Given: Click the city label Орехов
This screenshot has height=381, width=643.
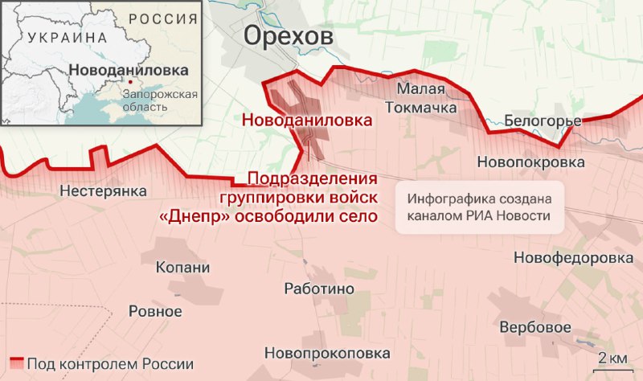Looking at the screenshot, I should [x=287, y=37].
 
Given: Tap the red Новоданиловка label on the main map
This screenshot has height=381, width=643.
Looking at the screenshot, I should [x=308, y=121].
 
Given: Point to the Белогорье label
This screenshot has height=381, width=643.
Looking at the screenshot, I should [x=543, y=121].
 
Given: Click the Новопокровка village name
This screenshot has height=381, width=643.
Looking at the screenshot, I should [x=530, y=162].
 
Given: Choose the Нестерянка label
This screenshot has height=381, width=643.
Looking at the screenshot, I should [x=104, y=191].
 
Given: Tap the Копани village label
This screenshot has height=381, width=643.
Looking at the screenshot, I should [x=182, y=268].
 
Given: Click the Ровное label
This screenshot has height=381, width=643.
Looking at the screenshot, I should [x=155, y=311].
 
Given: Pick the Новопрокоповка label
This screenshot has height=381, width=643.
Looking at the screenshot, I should [x=327, y=353].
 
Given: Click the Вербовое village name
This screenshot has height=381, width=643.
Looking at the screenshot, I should [x=535, y=328].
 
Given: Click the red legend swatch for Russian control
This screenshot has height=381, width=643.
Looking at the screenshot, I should [x=16, y=363].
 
